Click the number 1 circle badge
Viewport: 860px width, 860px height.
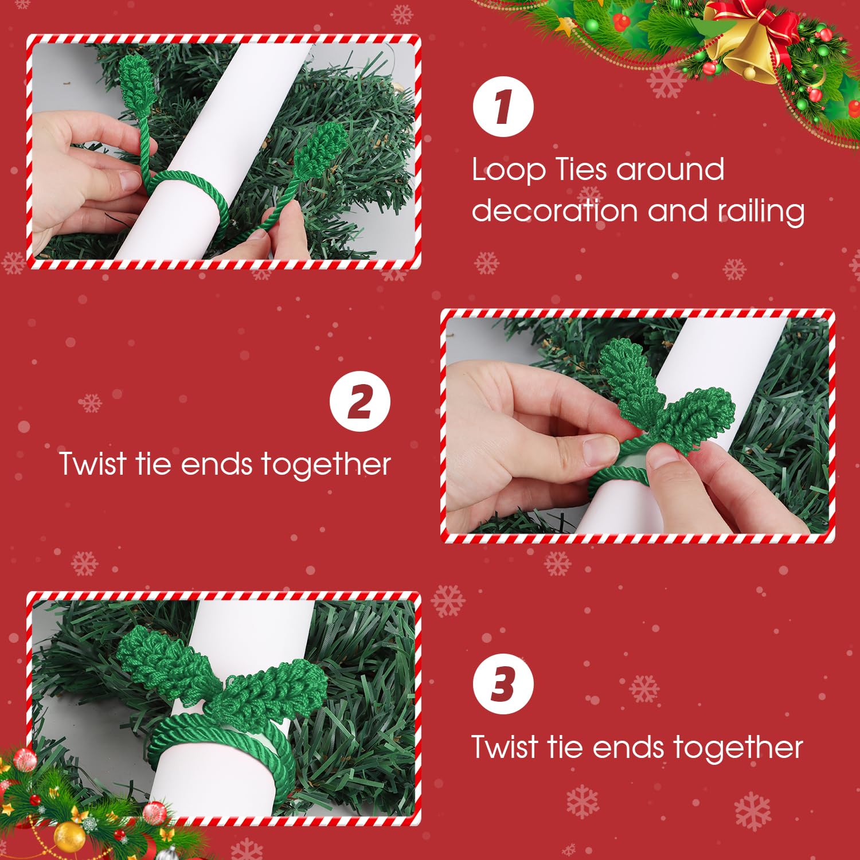(x=503, y=107)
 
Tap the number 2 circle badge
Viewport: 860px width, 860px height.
(x=360, y=401)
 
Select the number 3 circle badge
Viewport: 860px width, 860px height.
(x=503, y=683)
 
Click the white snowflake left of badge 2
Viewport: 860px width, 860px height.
(x=90, y=403)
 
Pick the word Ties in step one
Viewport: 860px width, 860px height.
(x=580, y=170)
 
